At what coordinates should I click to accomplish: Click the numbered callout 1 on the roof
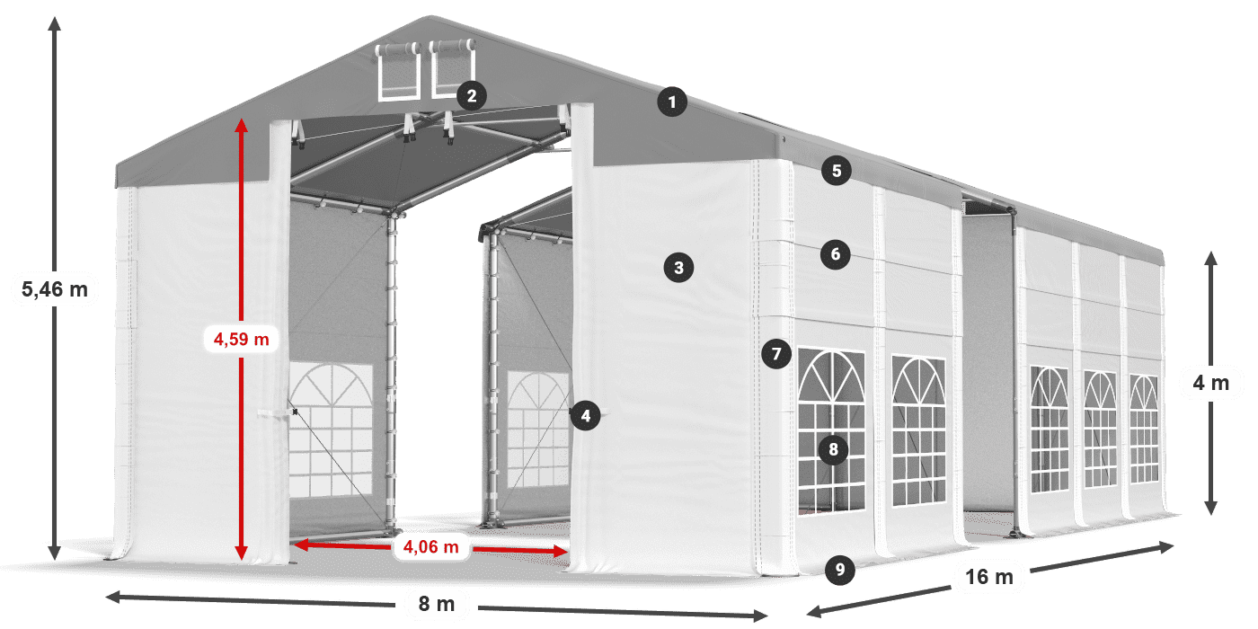point(671,102)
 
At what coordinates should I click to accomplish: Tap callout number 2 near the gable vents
point(471,94)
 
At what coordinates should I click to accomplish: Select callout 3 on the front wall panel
point(678,267)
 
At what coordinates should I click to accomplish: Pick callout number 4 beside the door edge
point(585,415)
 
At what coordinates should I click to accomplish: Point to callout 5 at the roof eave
point(836,171)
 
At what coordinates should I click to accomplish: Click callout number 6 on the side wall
point(835,254)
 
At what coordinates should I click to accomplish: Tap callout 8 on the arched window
point(834,447)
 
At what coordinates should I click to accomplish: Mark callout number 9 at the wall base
point(838,568)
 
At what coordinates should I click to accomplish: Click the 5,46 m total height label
point(54,289)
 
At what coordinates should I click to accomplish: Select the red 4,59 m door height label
point(241,339)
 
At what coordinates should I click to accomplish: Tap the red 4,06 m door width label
point(431,545)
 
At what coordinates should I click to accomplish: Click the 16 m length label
point(989,577)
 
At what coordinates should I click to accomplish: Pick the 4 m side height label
point(1210,384)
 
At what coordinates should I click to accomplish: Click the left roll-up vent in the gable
point(397,71)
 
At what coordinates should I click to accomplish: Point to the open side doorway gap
point(987,368)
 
